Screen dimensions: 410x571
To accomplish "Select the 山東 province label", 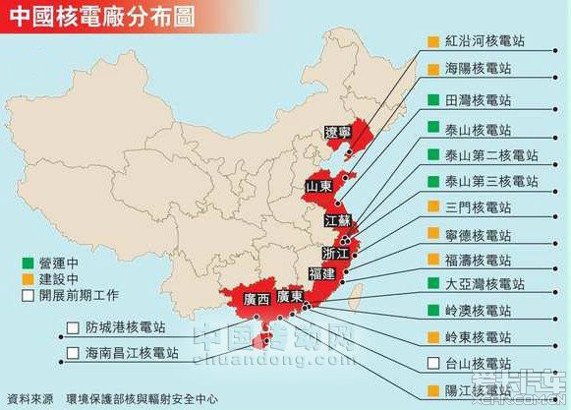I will pyautogui.click(x=317, y=186).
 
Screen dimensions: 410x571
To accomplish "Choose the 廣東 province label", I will pyautogui.click(x=289, y=295).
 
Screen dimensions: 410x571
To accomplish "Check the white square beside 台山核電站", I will pyautogui.click(x=431, y=364).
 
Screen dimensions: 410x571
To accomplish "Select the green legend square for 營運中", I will pyautogui.click(x=12, y=263).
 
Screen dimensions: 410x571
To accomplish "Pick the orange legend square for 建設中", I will pyautogui.click(x=12, y=279).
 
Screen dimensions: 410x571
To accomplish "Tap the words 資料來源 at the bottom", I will pyautogui.click(x=29, y=398).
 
